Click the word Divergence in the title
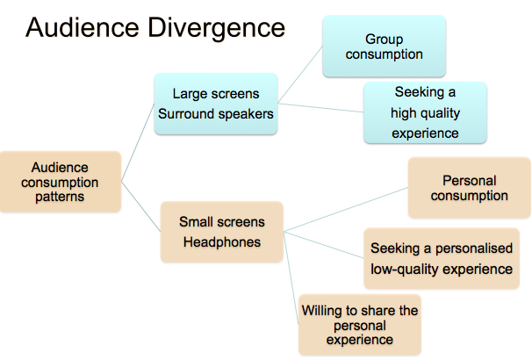tap(216, 29)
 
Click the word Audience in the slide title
tap(83, 27)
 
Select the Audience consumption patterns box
tap(60, 182)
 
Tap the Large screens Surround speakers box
tap(216, 104)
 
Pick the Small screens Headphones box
tap(222, 232)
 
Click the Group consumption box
tap(384, 47)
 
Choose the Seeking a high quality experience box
tap(425, 112)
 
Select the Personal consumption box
tap(470, 188)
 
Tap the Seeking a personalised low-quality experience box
tap(442, 258)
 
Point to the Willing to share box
tap(360, 325)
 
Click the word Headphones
tap(222, 242)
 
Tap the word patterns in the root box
tap(60, 198)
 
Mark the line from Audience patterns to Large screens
tap(138, 142)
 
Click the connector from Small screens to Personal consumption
tap(346, 209)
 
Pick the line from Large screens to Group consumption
tap(300, 75)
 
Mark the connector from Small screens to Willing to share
tap(291, 278)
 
